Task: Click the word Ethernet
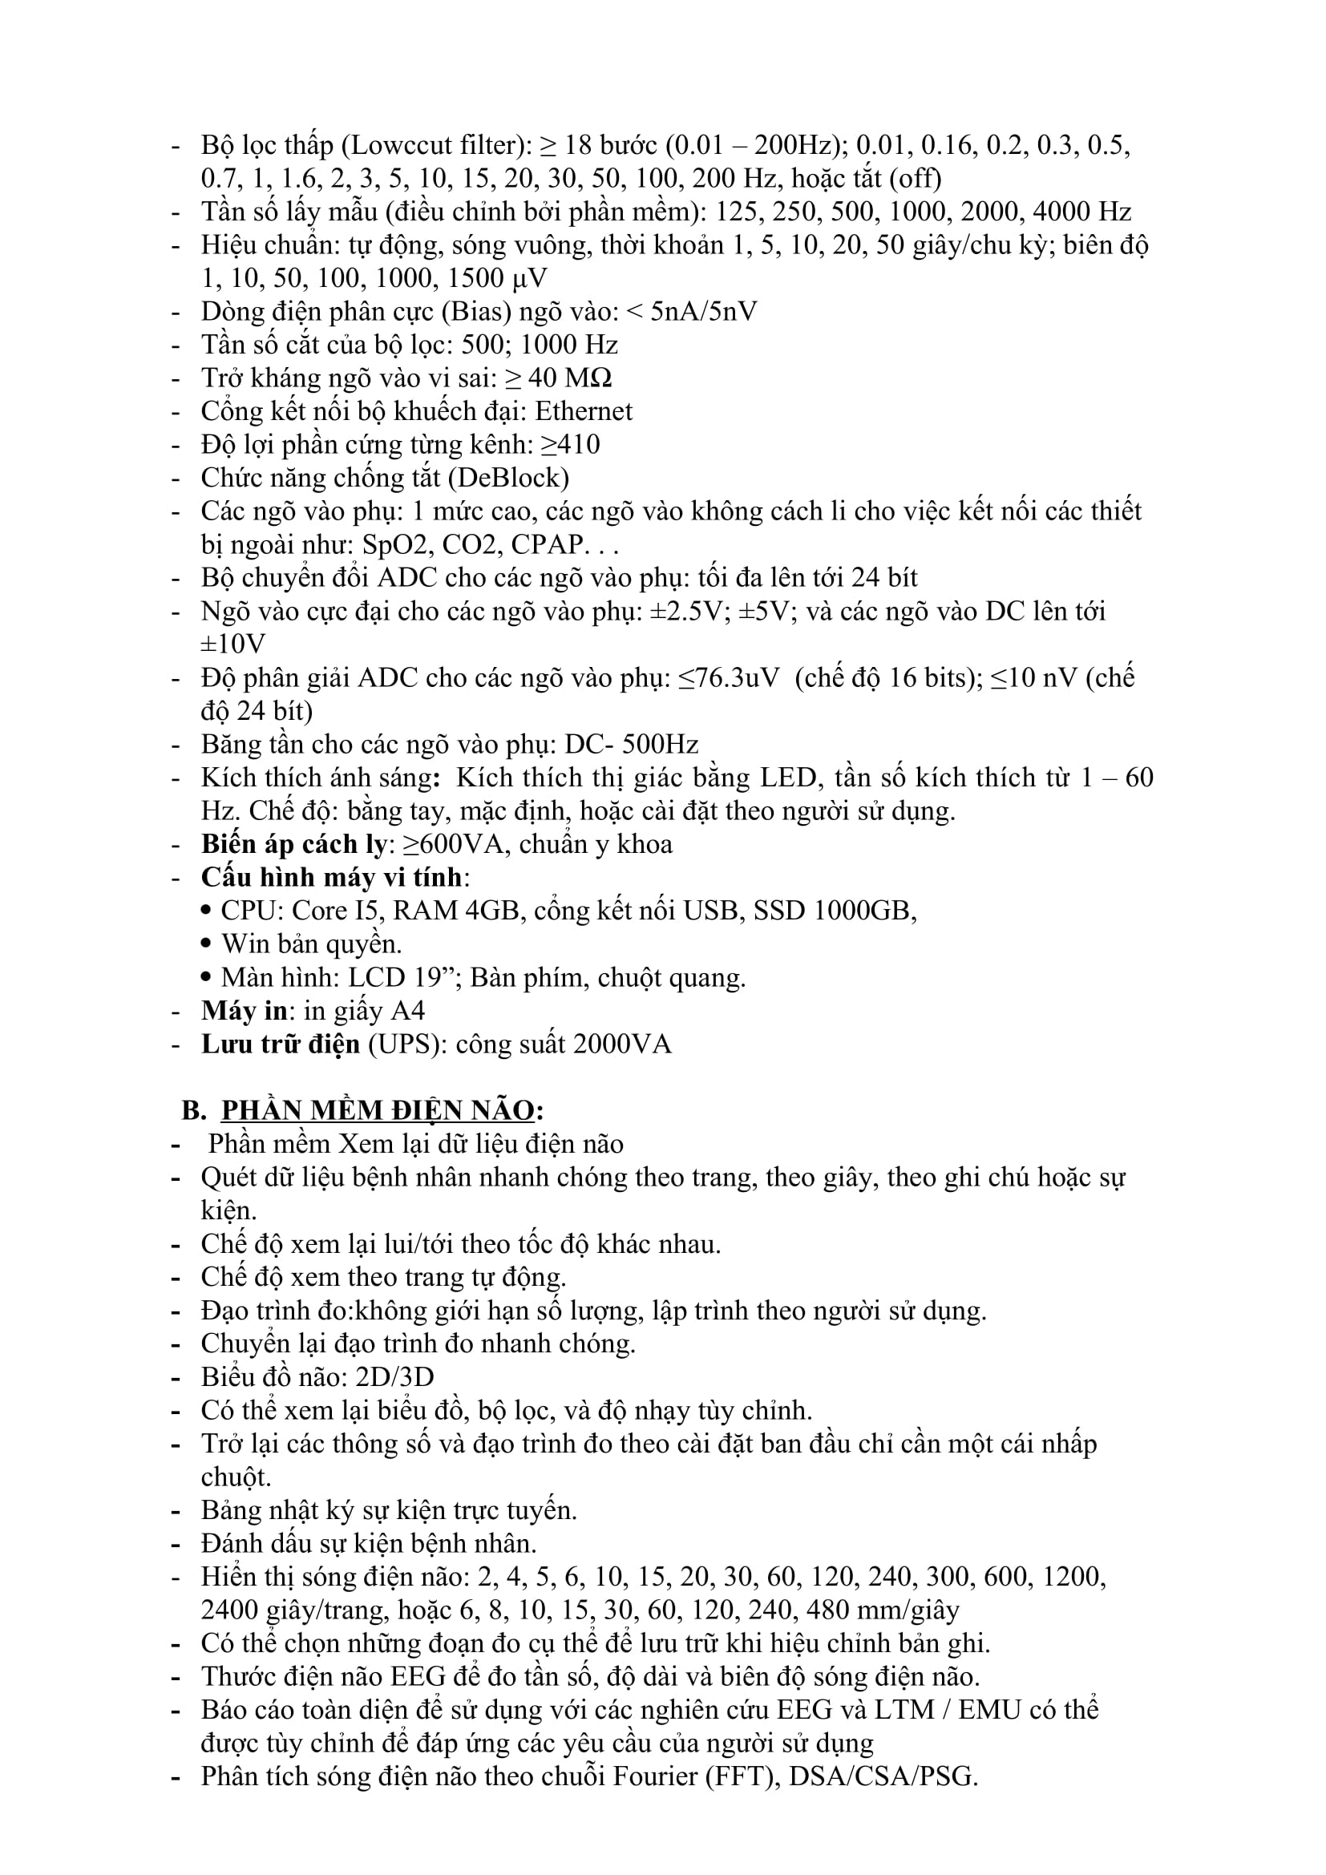pos(583,410)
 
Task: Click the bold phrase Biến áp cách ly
pos(293,843)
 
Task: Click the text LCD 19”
pos(405,977)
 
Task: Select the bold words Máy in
pos(245,1011)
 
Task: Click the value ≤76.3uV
pos(729,678)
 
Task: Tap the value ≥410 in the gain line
pos(570,444)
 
